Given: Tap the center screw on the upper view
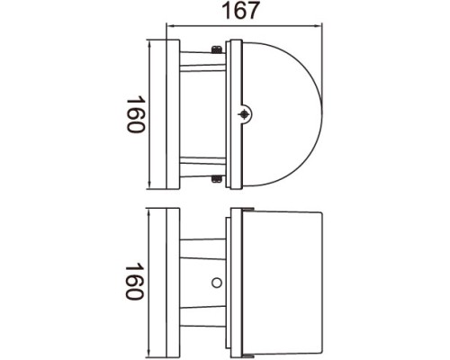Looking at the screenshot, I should coord(245,114).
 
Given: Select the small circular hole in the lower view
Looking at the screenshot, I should coord(217,284).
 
